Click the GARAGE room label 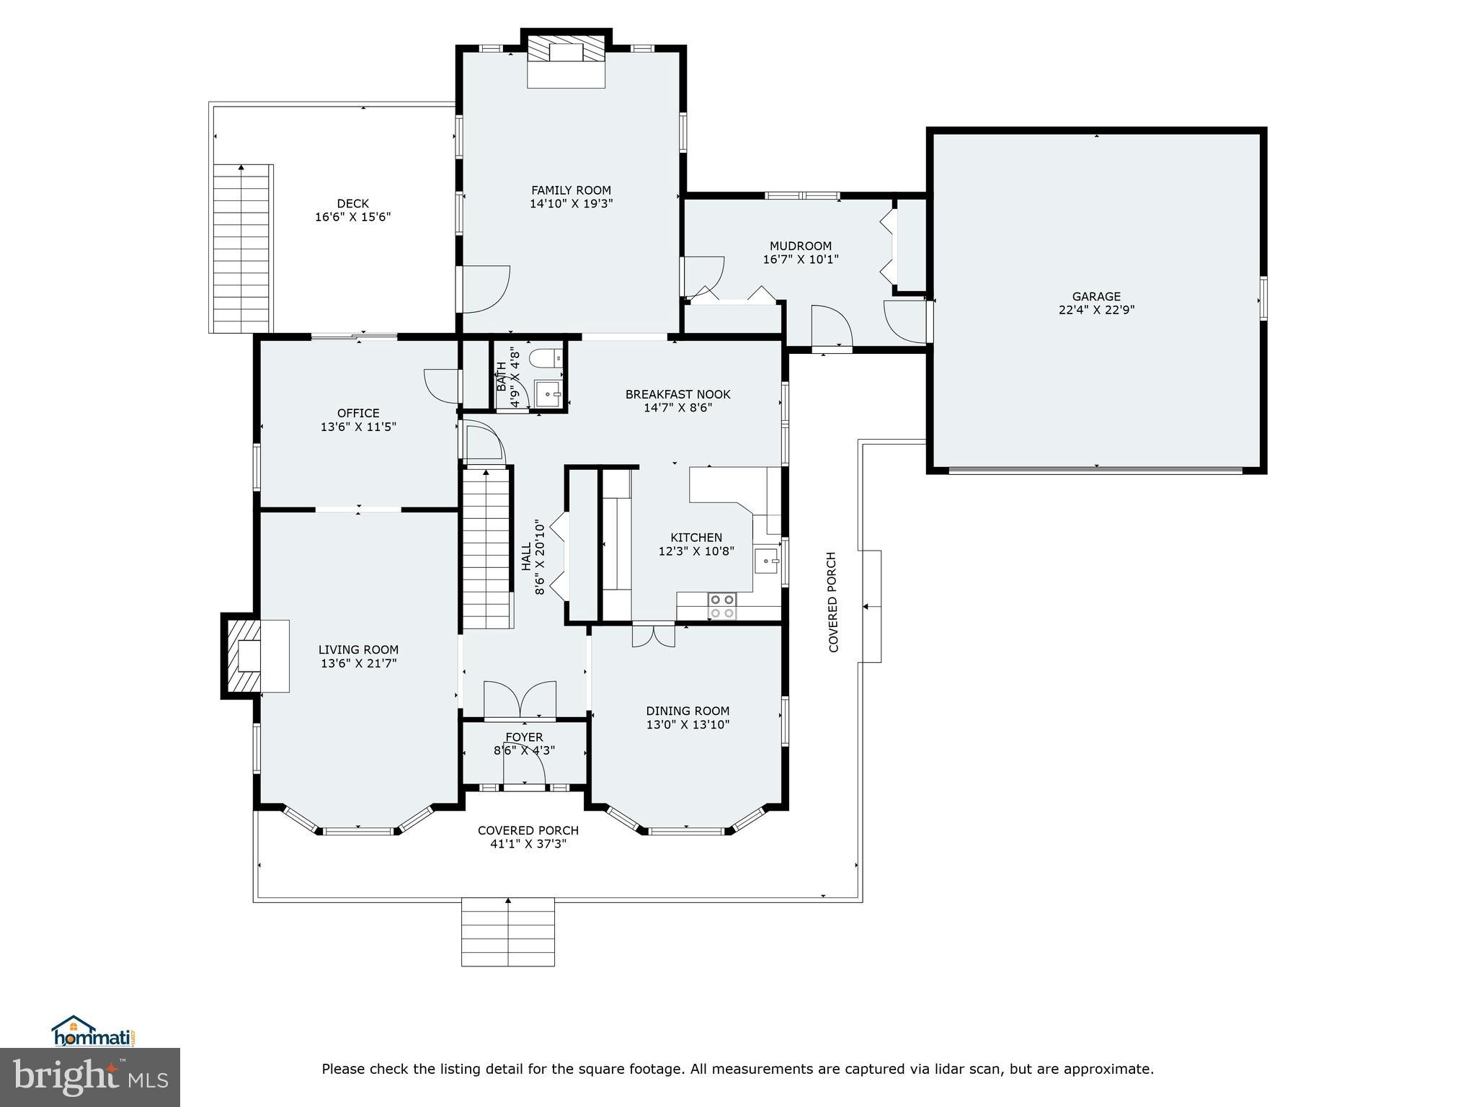[1096, 296]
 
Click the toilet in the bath [544, 357]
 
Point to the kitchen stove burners [721, 606]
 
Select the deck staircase [242, 249]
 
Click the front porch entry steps [507, 931]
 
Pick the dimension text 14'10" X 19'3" [571, 204]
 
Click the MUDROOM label [800, 246]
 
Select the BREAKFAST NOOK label [677, 394]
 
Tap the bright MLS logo [90, 1077]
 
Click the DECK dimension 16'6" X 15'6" [352, 217]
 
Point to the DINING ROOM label [688, 711]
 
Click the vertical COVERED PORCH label [833, 602]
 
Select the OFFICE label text [358, 413]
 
